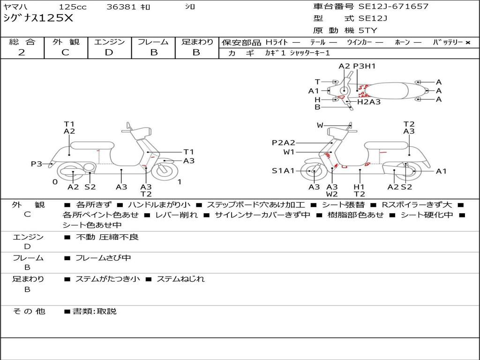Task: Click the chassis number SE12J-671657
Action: [x=393, y=7]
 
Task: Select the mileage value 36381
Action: [x=121, y=7]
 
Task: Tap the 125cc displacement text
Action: [x=72, y=7]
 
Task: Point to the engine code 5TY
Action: [x=367, y=30]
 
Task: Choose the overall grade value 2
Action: [x=22, y=52]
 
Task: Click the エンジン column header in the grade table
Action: [x=109, y=42]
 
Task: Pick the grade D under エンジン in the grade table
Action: [x=109, y=52]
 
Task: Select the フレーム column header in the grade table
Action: [x=153, y=42]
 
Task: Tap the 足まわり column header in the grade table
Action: [x=197, y=42]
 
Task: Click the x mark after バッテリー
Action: [x=468, y=43]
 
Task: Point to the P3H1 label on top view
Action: [x=364, y=66]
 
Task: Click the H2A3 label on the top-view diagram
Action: [x=369, y=102]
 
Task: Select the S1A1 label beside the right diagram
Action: [x=283, y=171]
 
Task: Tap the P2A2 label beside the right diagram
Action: [x=283, y=143]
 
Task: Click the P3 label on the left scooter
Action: [x=37, y=164]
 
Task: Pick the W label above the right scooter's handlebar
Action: [x=320, y=125]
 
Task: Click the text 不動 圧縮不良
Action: [x=107, y=237]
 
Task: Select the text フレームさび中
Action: [x=103, y=258]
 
